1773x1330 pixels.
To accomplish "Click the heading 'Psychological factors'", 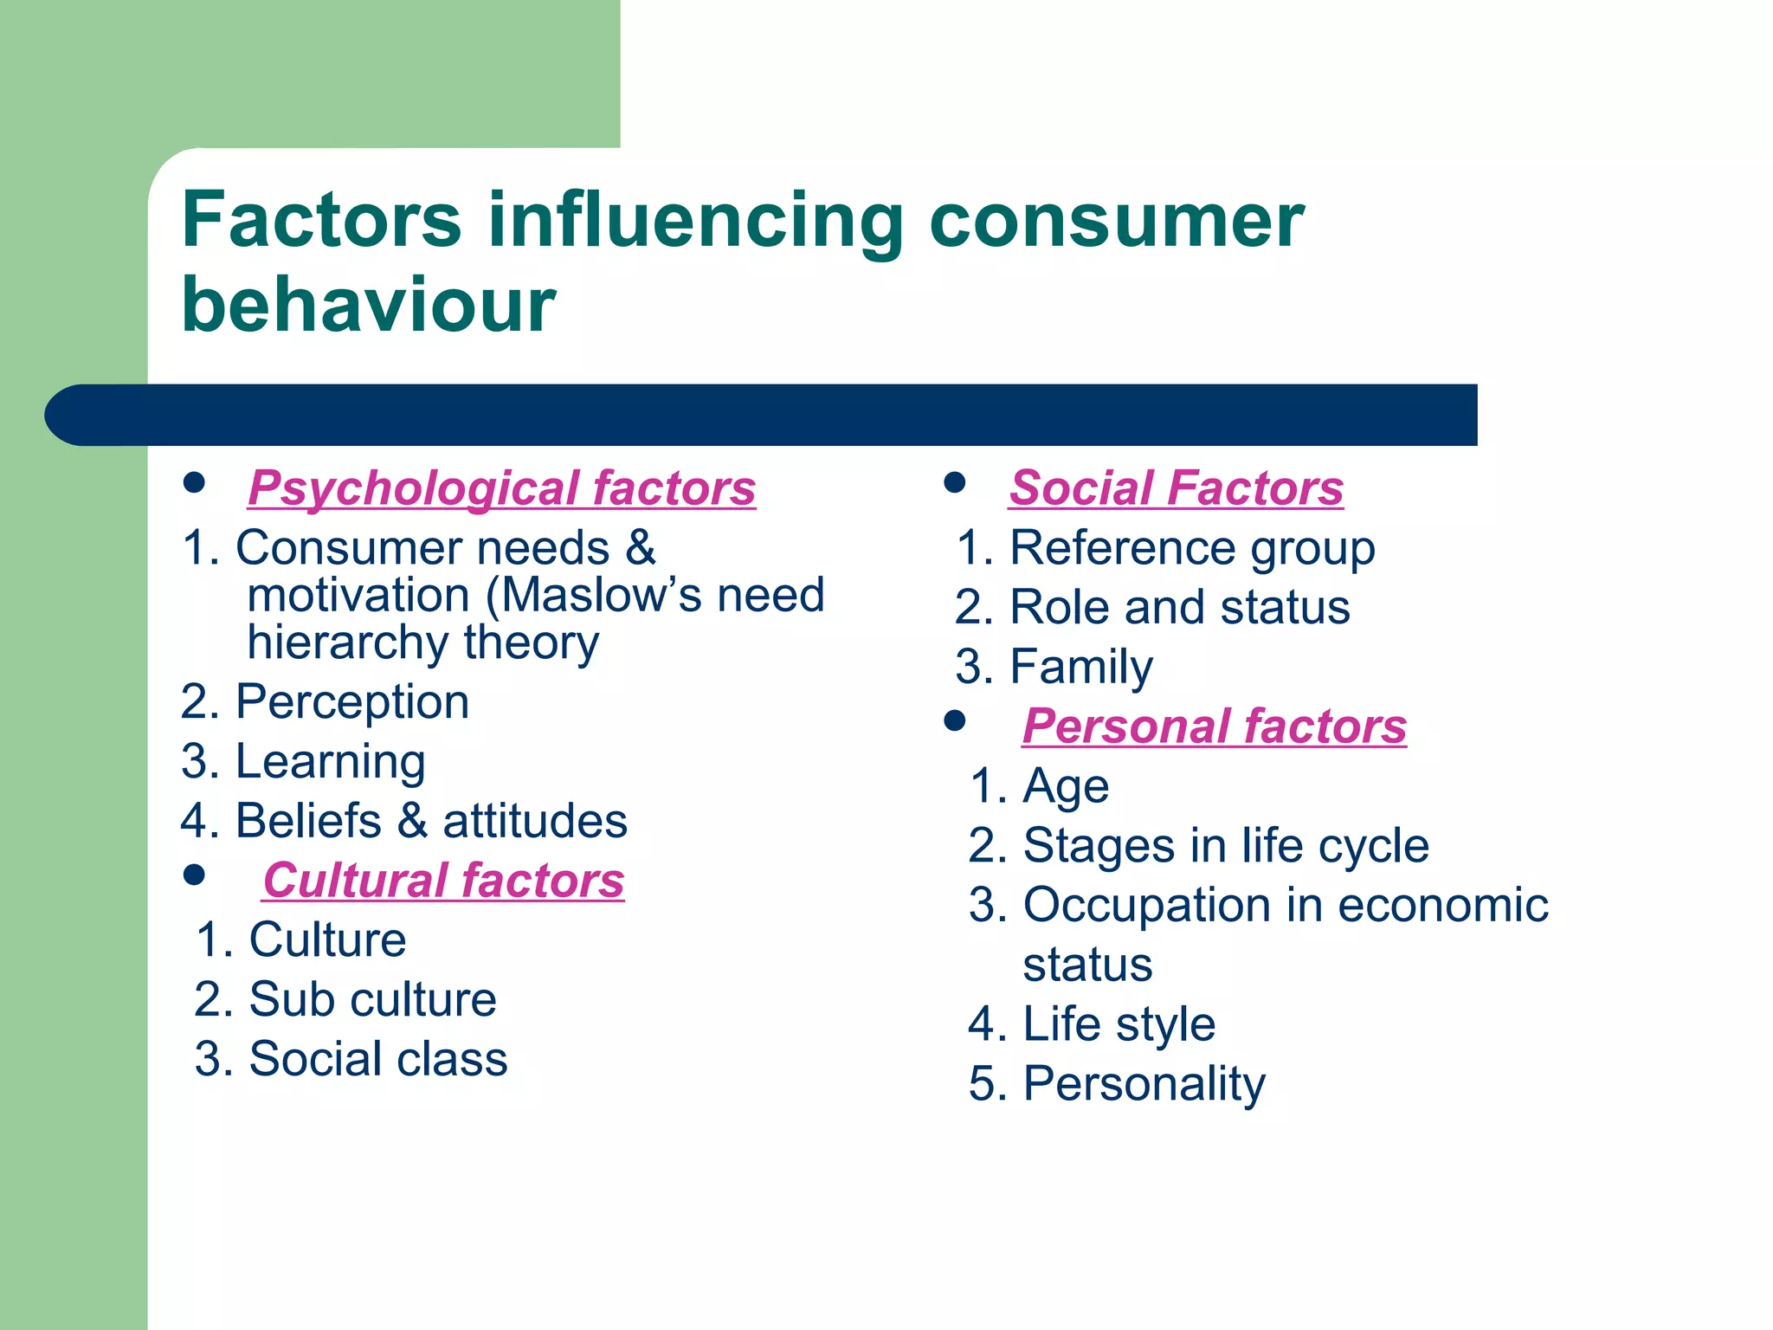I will click(501, 488).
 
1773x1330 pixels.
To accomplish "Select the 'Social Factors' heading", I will click(1176, 488).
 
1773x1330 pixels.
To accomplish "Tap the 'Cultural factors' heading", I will click(443, 881).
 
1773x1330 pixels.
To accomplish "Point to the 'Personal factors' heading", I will click(1214, 726).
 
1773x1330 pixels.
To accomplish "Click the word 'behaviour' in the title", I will click(368, 305).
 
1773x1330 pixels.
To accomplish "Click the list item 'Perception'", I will click(351, 702).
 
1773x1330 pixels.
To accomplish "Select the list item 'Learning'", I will click(330, 762).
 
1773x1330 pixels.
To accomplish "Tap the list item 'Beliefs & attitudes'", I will click(430, 821).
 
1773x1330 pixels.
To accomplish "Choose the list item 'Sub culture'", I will click(372, 1000).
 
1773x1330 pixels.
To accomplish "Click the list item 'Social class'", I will click(377, 1059).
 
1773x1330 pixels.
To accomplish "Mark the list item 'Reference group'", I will click(1191, 549).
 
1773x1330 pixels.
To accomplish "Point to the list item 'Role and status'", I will click(1179, 608).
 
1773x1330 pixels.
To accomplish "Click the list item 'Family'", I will click(1080, 668).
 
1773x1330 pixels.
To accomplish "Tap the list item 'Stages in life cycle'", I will click(1225, 846).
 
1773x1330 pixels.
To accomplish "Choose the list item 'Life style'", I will click(1119, 1024).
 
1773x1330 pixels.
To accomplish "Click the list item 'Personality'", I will click(1144, 1084).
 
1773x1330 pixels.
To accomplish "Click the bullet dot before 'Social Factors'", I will click(955, 483).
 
